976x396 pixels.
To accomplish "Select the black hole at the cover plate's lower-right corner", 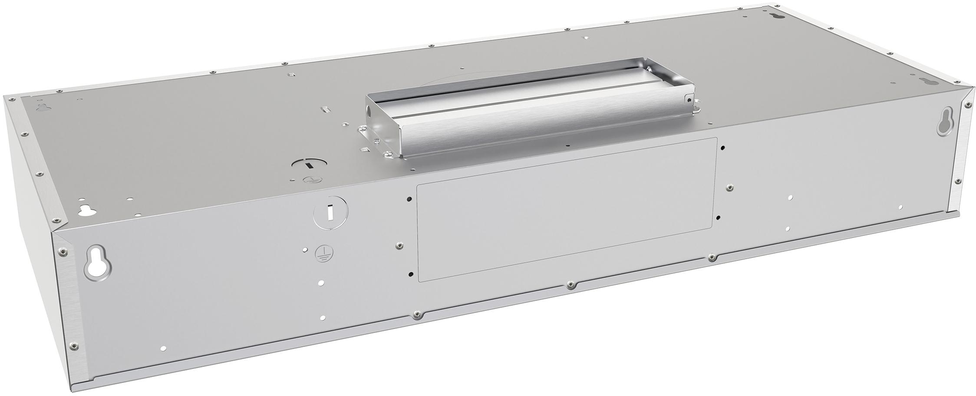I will coord(719,217).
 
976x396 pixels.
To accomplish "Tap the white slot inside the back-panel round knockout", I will coord(330,212).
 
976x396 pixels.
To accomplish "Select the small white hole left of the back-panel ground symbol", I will coord(306,250).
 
